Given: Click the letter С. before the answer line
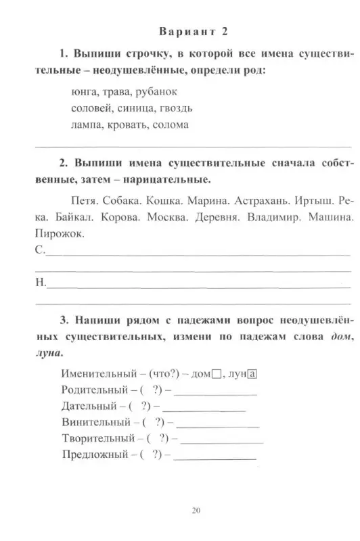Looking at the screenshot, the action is [x=39, y=251].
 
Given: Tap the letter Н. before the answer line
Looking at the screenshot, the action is [x=39, y=284].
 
